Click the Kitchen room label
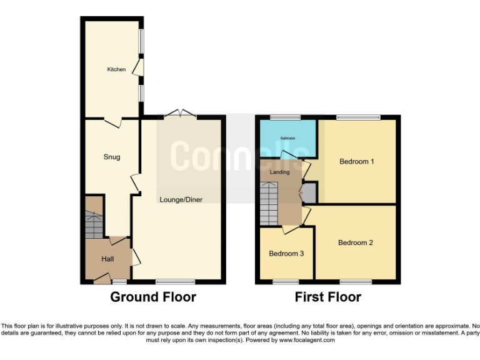116,69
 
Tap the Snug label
112,157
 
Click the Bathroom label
287,137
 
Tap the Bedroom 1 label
356,161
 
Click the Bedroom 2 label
356,242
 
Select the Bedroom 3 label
286,254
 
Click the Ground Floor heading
153,297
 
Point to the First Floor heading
328,297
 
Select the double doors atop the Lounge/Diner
179,114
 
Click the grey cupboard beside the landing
309,192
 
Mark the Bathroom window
285,117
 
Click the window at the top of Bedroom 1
358,117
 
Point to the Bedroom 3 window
286,281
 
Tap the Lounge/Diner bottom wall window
175,281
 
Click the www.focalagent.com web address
307,341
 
